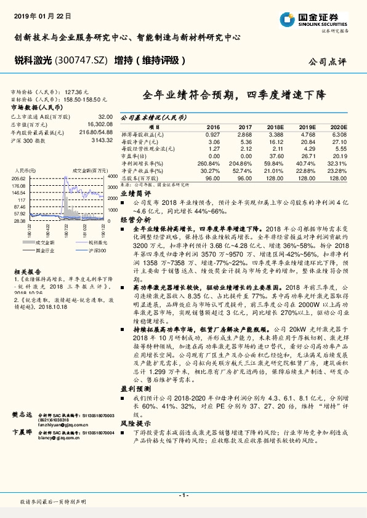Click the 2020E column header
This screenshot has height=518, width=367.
click(339, 126)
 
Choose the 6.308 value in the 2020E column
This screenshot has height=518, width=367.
click(339, 133)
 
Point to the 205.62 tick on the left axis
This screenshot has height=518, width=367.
click(18, 177)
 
